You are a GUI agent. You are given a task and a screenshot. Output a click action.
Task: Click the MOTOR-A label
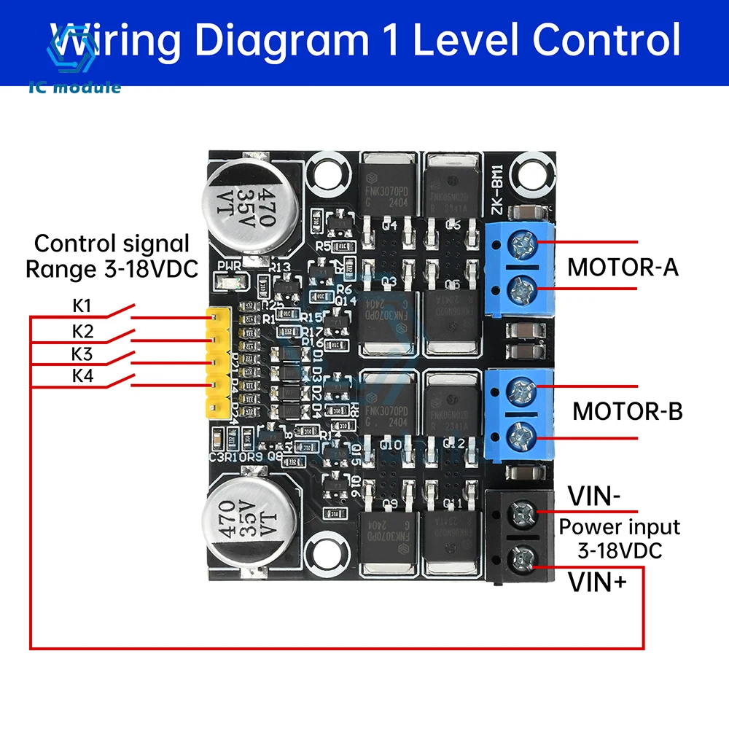pos(623,267)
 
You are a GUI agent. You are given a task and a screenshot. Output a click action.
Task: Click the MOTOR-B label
pos(627,410)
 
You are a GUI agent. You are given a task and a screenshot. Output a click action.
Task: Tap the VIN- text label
pos(594,498)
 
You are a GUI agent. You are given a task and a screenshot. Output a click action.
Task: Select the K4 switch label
pos(82,375)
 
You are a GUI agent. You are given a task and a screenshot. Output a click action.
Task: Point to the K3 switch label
pos(82,355)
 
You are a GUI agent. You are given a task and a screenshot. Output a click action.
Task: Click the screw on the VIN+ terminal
pos(522,560)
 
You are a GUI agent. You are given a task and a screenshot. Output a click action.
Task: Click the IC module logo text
pos(75,87)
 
